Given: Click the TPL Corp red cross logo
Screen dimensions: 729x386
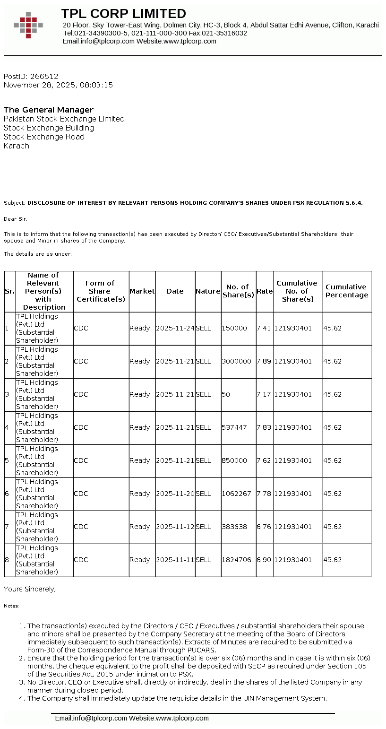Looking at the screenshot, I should click(28, 25).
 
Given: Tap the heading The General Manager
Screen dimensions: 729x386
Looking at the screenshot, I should click(49, 110).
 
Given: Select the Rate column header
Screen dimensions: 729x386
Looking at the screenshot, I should click(265, 291).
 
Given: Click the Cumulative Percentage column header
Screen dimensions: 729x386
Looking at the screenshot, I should click(347, 291).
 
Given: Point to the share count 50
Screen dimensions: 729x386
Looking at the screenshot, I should click(226, 394).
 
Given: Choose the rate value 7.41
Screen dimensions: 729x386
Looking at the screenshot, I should click(264, 328).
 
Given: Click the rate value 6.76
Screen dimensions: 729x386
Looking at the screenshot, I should click(264, 527).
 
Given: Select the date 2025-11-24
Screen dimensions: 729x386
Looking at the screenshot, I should click(175, 328).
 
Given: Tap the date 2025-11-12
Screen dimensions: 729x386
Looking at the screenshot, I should click(175, 527).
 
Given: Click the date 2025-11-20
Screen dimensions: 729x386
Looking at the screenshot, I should click(175, 494).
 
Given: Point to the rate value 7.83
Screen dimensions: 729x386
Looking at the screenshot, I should click(264, 427).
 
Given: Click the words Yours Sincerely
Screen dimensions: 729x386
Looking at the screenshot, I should click(30, 589).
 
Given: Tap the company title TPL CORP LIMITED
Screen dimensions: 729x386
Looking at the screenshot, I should click(124, 13).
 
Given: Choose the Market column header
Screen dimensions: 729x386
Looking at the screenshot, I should click(142, 291).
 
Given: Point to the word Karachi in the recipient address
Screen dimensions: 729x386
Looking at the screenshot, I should click(17, 146).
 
